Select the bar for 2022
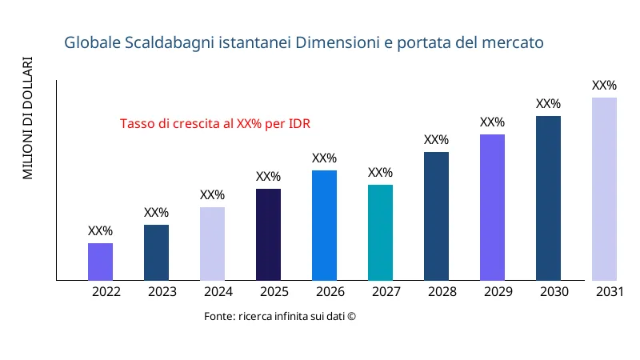(x=100, y=262)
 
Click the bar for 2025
(x=268, y=234)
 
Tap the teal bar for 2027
(x=380, y=232)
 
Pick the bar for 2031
(x=604, y=189)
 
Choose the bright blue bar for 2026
(x=324, y=225)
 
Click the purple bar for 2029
(x=492, y=207)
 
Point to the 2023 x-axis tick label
(x=162, y=292)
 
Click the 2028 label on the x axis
(x=442, y=292)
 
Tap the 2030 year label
(x=554, y=292)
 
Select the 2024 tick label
(x=218, y=292)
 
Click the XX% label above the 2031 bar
(x=604, y=86)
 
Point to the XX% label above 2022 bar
(x=100, y=231)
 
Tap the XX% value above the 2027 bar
(x=380, y=173)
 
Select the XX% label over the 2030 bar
(x=548, y=104)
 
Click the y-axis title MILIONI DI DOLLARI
(x=28, y=118)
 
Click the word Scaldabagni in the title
(x=167, y=42)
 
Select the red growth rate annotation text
(x=215, y=124)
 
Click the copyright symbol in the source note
(x=351, y=317)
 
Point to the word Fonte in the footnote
(x=219, y=317)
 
